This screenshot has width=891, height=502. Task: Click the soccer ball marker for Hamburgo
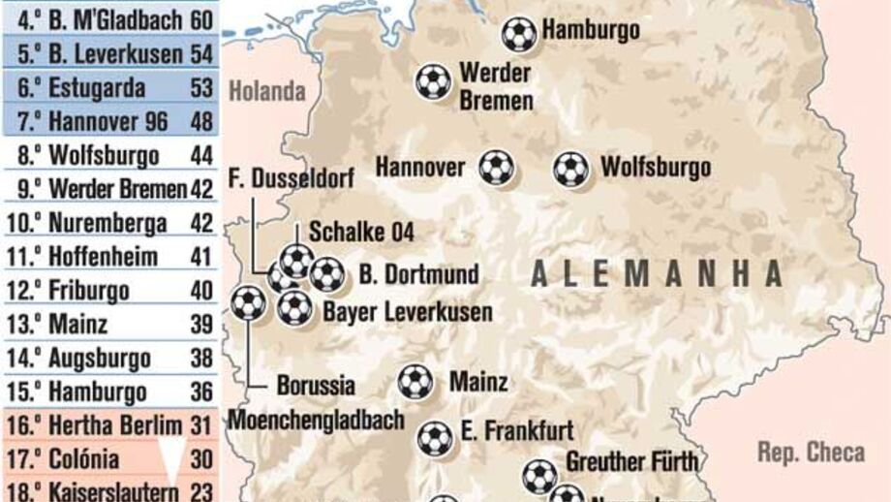point(519,34)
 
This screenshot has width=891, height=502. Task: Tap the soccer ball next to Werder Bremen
point(433,81)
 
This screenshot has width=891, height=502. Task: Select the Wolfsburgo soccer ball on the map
point(570,169)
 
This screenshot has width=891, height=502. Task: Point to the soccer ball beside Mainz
point(415,382)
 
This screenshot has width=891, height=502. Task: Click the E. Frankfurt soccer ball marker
point(435,438)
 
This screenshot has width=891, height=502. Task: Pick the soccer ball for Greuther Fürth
point(539,476)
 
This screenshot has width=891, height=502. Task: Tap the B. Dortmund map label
point(418,274)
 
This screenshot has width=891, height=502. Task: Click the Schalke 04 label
point(361,232)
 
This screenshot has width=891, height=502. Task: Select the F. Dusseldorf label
point(292,178)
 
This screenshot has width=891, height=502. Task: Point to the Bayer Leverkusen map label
point(407,312)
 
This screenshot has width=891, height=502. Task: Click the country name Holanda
point(267,92)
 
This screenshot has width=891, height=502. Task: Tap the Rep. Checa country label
point(812,452)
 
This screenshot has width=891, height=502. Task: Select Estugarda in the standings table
point(97,88)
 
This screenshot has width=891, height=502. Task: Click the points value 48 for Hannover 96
point(201,122)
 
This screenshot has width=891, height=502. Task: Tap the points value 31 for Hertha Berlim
point(200,425)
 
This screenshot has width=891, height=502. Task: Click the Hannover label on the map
point(420,168)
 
